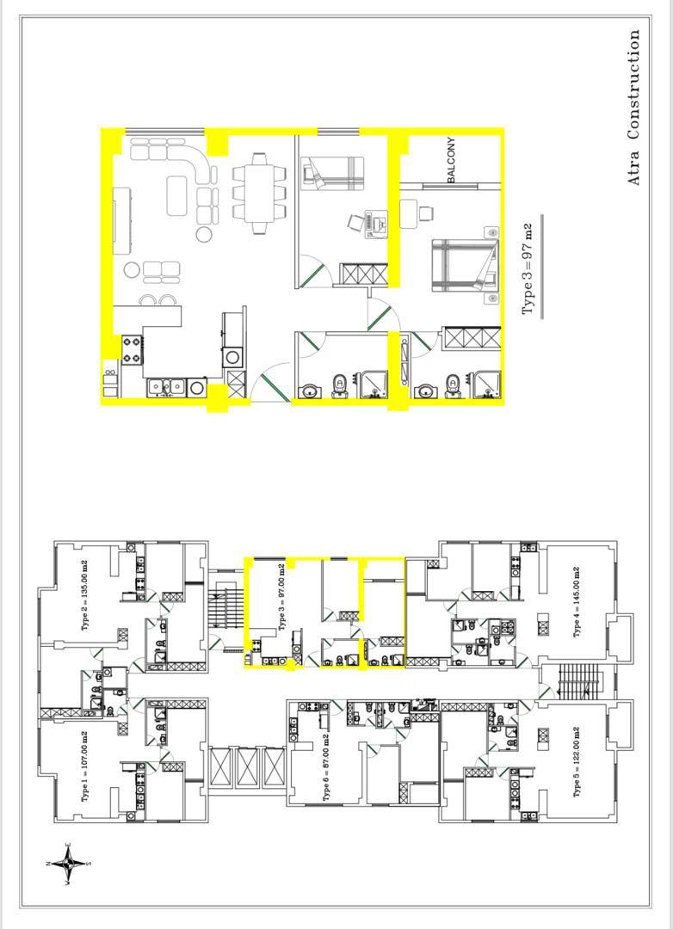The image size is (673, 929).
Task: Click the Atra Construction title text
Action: click(634, 108)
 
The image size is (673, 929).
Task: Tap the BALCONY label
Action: click(452, 160)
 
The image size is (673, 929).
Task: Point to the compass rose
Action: click(68, 864)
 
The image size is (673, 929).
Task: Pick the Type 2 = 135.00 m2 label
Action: click(85, 595)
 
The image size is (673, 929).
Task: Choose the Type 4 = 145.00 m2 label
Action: click(577, 602)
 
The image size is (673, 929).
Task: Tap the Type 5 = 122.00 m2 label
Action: click(577, 762)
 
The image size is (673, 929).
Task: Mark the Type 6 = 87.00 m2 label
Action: click(326, 768)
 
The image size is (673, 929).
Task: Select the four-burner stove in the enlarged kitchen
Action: click(133, 349)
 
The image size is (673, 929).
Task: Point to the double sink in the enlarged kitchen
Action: click(167, 387)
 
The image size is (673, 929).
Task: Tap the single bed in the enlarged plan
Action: click(332, 174)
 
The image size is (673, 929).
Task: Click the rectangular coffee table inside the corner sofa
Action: click(180, 195)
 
